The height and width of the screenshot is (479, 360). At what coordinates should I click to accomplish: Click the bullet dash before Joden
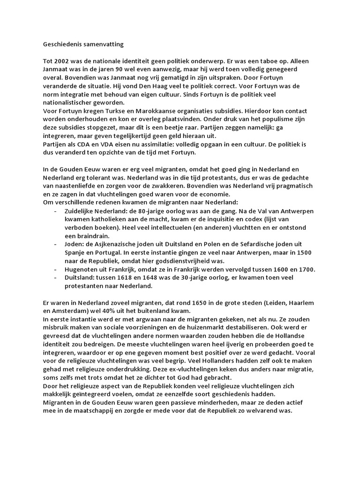[x=56, y=244]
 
